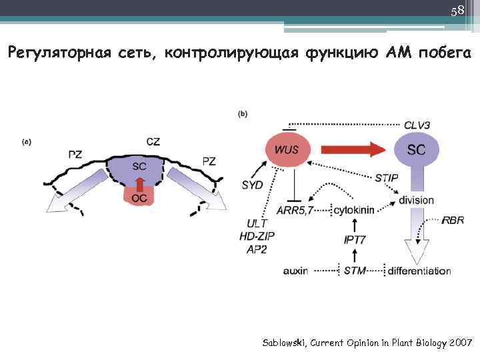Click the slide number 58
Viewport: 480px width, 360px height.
[x=457, y=11]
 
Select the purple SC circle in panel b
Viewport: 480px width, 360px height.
[x=416, y=150]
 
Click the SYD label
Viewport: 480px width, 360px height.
[x=253, y=185]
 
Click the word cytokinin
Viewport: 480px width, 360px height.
[x=354, y=210]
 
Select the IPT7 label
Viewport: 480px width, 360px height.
[x=354, y=239]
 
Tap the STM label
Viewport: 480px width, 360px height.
[x=354, y=271]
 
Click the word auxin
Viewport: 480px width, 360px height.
[x=295, y=271]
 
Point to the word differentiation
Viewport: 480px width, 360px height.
[x=419, y=271]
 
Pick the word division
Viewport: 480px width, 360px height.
[x=415, y=200]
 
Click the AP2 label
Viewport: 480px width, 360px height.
[x=256, y=248]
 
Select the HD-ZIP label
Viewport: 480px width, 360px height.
[x=257, y=236]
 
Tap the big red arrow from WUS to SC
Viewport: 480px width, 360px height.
[x=349, y=151]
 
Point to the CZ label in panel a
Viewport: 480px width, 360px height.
[x=153, y=141]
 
